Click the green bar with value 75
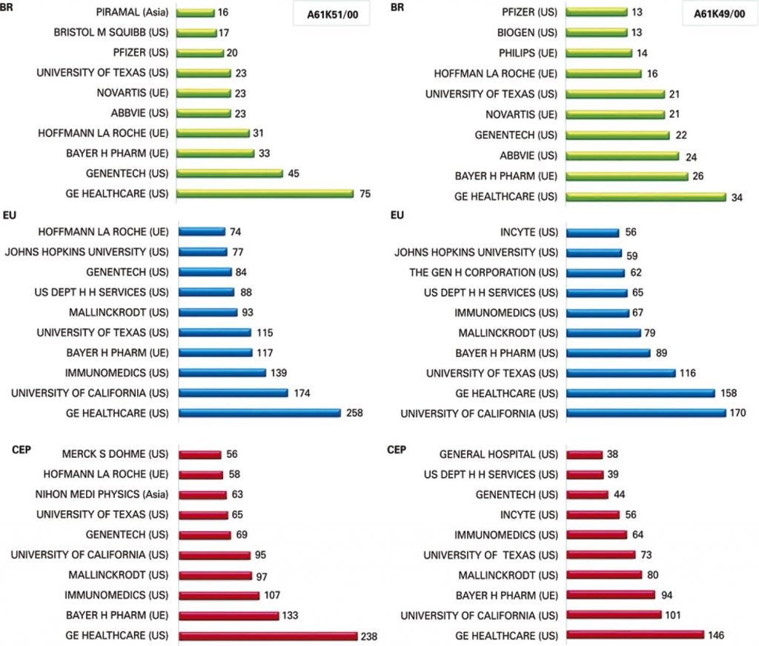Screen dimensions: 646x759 click(266, 194)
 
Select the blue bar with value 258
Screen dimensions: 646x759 click(259, 413)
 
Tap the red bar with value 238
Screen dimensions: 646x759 click(268, 636)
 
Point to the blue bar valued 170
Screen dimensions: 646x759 click(646, 413)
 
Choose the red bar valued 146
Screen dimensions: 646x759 click(634, 636)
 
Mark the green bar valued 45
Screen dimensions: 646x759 click(231, 173)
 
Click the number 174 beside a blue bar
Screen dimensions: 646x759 click(303, 393)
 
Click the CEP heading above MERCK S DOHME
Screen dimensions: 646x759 click(21, 449)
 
